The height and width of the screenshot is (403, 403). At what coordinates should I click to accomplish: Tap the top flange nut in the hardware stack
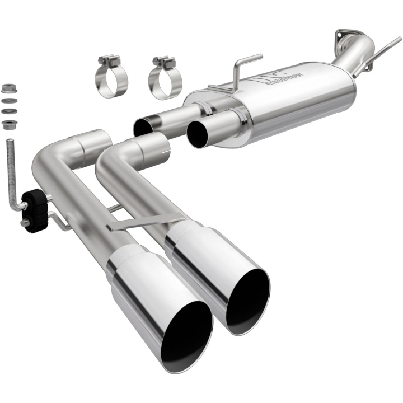pyautogui.click(x=8, y=88)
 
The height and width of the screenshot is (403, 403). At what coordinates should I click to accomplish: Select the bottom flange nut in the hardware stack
pyautogui.click(x=8, y=124)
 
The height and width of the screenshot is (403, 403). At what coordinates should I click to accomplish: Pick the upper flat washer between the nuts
pyautogui.click(x=8, y=101)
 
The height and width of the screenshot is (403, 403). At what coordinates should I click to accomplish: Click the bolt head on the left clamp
pyautogui.click(x=110, y=59)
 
